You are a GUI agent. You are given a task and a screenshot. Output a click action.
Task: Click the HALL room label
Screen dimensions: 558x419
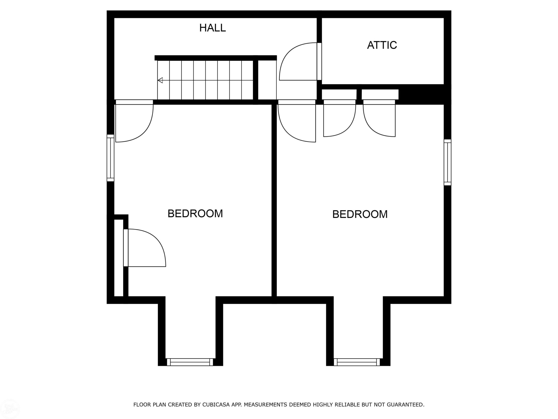pyautogui.click(x=212, y=28)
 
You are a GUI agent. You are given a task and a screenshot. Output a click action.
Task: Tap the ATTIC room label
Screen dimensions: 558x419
pyautogui.click(x=382, y=45)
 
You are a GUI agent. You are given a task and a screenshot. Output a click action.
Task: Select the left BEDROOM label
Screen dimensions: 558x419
pyautogui.click(x=195, y=214)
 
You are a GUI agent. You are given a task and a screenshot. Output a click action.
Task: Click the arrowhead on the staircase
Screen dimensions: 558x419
pyautogui.click(x=160, y=80)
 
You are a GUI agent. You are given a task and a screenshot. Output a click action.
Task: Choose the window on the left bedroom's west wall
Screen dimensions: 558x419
pyautogui.click(x=111, y=158)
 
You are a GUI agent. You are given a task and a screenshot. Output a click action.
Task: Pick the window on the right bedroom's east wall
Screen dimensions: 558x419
pyautogui.click(x=447, y=162)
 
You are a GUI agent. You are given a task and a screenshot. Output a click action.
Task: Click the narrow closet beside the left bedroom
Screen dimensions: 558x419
pyautogui.click(x=119, y=258)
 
